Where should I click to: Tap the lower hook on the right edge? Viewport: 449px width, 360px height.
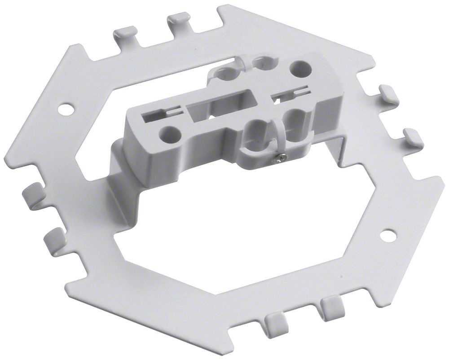point(414,136)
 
